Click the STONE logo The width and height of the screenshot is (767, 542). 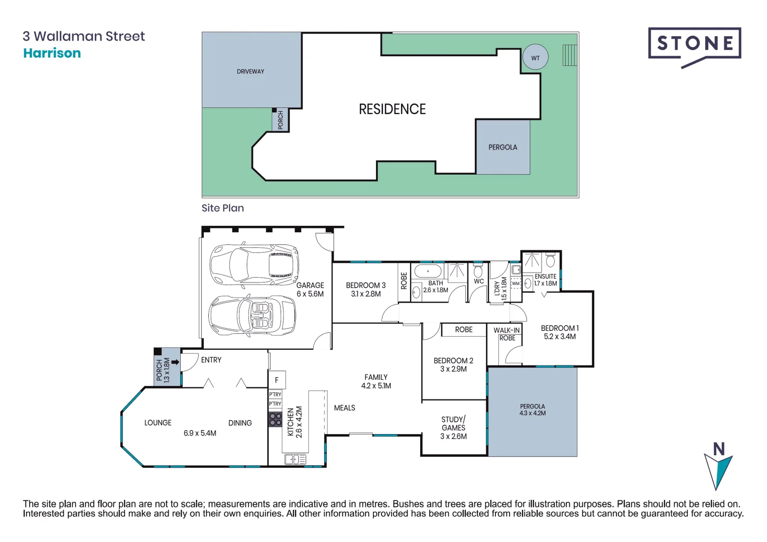(x=694, y=44)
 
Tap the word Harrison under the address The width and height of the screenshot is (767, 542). (x=52, y=53)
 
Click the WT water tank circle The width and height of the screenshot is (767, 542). (x=535, y=58)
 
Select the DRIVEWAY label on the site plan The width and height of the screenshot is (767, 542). (x=250, y=72)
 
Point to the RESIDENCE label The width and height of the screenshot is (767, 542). (x=392, y=109)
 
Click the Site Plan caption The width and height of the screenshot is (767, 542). (x=222, y=208)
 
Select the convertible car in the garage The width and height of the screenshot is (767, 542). (x=252, y=315)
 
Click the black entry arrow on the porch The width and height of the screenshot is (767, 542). (x=175, y=362)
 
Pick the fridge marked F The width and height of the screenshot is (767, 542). (x=277, y=380)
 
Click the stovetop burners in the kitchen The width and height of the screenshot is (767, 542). (x=275, y=419)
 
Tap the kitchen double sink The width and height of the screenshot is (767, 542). (x=295, y=459)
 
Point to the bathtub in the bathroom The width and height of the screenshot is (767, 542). (x=428, y=272)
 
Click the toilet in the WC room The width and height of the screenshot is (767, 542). (x=478, y=271)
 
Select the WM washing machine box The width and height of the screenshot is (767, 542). (x=516, y=284)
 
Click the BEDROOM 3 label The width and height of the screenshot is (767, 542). (x=365, y=289)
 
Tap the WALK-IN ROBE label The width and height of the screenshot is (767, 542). (x=506, y=334)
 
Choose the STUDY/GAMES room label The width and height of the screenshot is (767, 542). (x=453, y=428)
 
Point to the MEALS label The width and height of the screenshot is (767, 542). (x=344, y=408)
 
